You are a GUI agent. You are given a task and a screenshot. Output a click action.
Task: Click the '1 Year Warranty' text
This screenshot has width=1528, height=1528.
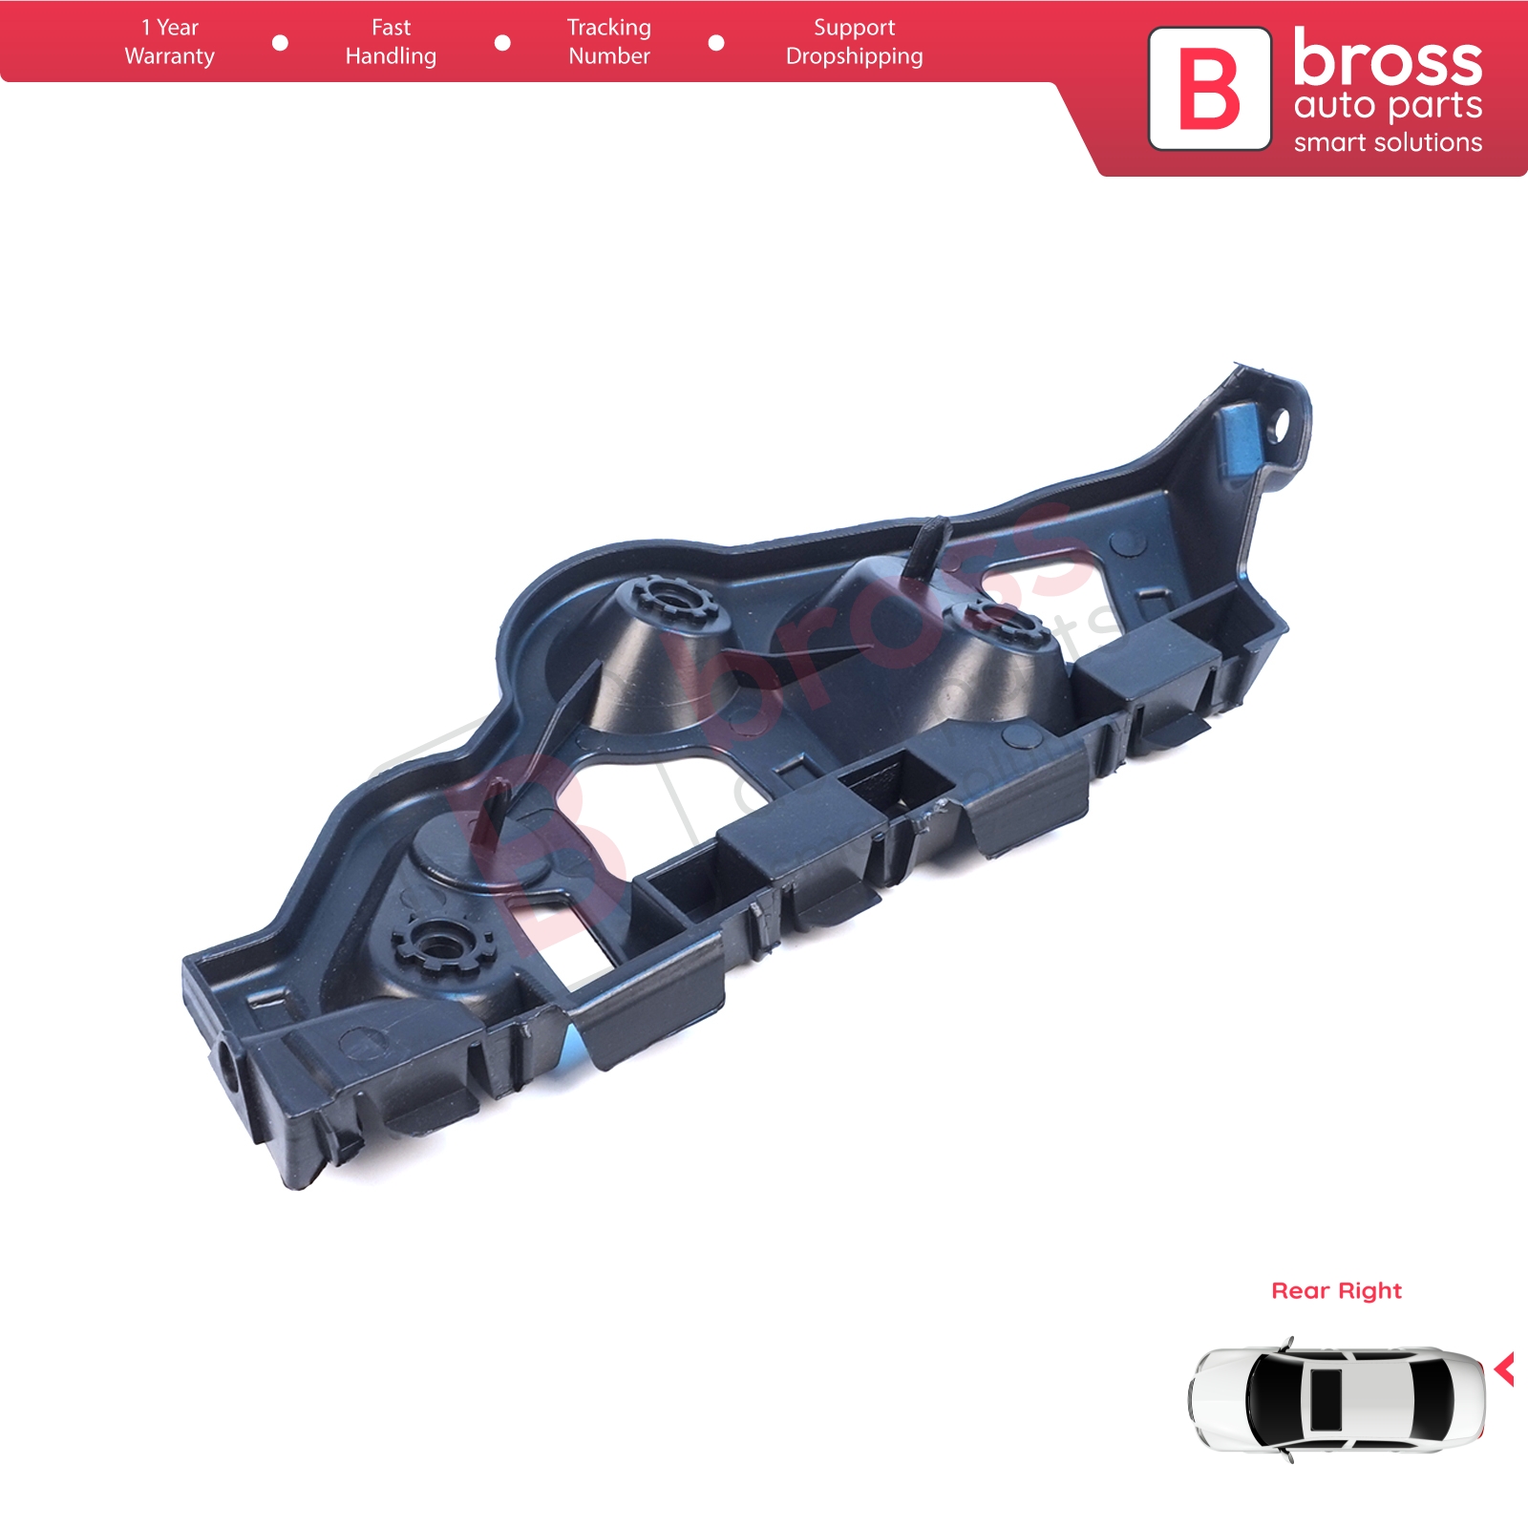click(x=170, y=42)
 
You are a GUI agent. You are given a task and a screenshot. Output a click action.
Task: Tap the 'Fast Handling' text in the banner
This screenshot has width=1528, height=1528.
click(x=391, y=42)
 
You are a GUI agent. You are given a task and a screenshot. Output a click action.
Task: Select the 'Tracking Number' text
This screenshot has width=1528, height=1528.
click(x=609, y=42)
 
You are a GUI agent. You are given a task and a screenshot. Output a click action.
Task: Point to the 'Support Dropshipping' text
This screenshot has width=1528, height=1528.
click(x=855, y=42)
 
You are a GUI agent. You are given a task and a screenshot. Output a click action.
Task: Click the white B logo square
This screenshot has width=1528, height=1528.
click(x=1210, y=89)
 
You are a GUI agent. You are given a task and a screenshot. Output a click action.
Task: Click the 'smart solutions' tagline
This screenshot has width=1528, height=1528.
click(x=1389, y=143)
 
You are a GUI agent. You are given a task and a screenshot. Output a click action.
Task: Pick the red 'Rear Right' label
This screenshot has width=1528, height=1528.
click(x=1336, y=1291)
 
